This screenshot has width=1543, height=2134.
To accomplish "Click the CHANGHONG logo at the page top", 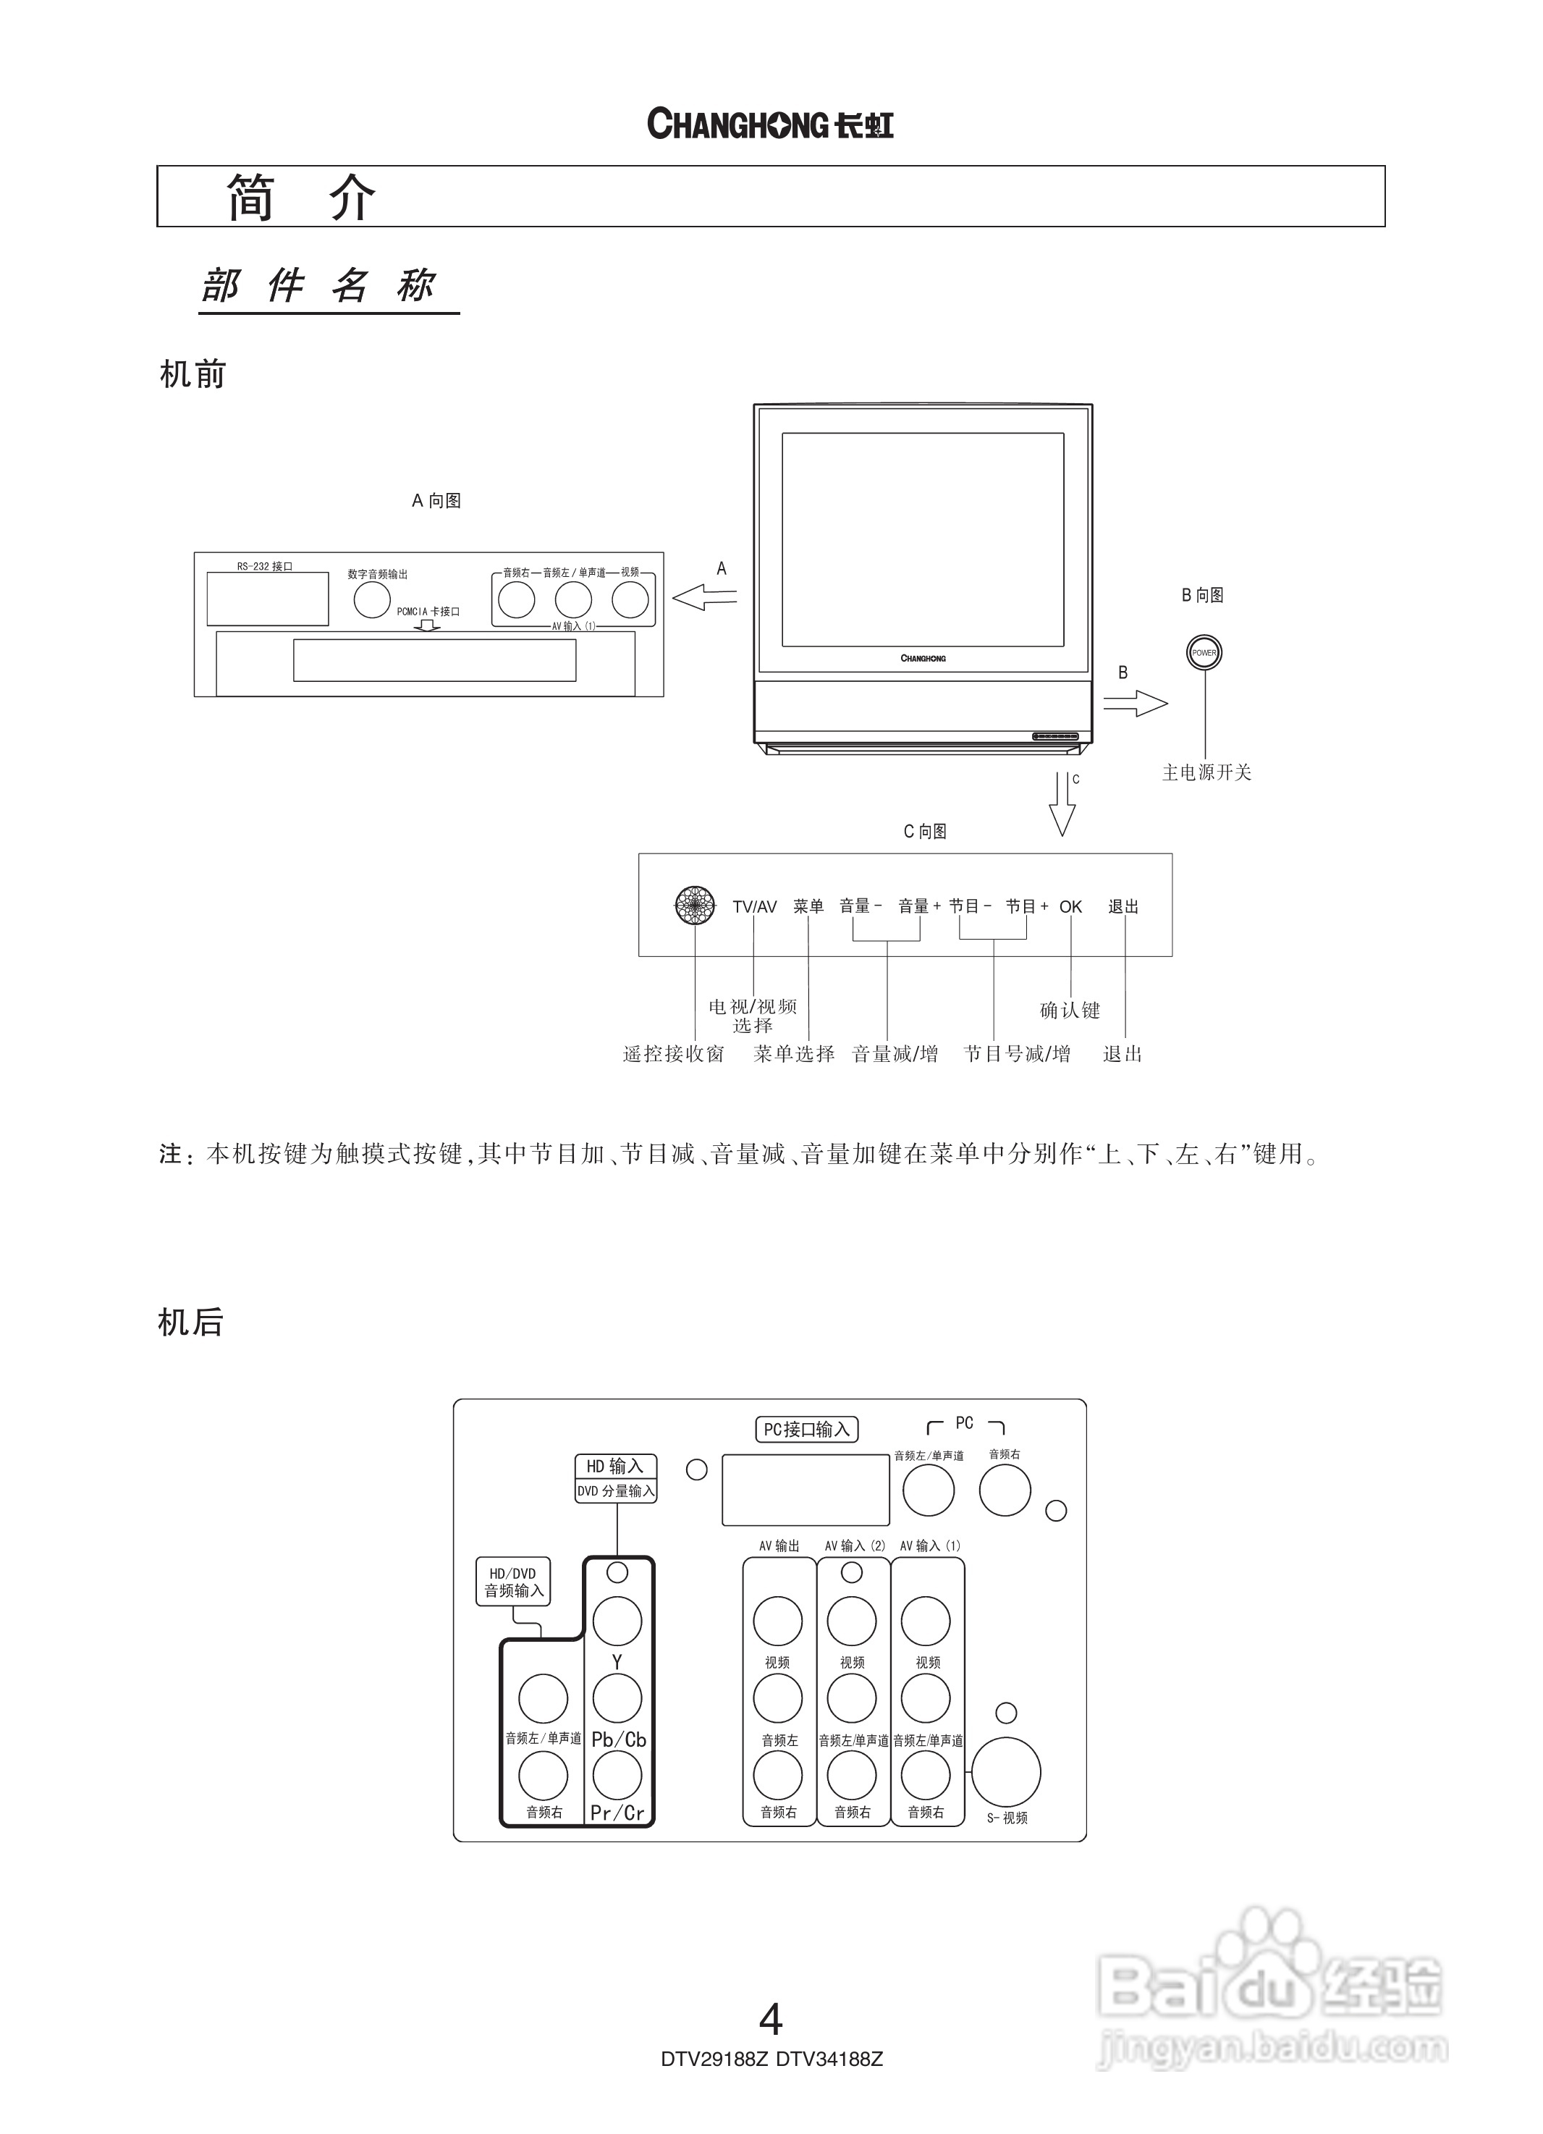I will (x=769, y=125).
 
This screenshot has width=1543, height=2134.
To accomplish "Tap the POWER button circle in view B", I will (x=1204, y=653).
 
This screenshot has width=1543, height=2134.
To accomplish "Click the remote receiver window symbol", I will (x=696, y=905).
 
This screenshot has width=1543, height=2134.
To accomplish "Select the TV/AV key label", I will (x=755, y=907).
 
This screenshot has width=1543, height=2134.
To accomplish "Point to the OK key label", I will (x=1070, y=907).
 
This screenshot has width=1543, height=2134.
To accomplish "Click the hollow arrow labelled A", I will (x=705, y=596).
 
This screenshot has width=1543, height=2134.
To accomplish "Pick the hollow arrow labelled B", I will (x=1136, y=703).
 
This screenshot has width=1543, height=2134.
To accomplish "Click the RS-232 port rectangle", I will (x=267, y=599).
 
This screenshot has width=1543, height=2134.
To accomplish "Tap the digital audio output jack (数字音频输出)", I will (x=372, y=599).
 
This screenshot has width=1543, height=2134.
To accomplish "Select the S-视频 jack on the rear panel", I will (x=1006, y=1773).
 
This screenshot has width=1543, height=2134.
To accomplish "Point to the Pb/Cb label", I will (x=618, y=1739).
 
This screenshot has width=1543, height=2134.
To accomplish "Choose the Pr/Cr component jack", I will (x=617, y=1776).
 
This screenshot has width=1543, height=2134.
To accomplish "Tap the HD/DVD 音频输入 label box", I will (x=514, y=1582).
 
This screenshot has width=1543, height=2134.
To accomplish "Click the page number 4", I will (x=771, y=2019).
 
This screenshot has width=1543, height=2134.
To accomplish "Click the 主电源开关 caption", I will (x=1206, y=772).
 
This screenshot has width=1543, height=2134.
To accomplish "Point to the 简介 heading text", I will (x=300, y=198).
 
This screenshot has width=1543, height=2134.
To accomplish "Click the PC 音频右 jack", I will (x=1004, y=1490).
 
